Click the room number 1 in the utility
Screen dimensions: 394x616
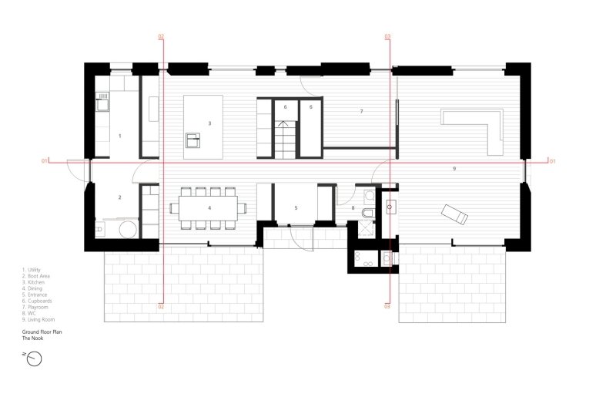point(120,136)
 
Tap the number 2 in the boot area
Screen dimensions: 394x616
point(120,198)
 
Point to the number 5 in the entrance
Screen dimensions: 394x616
point(296,208)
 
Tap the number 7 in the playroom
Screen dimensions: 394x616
point(361,112)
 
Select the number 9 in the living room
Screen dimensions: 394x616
point(454,167)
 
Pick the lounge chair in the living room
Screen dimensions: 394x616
point(454,214)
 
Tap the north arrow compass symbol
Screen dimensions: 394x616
point(33,359)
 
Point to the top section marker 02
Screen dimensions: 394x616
point(161,37)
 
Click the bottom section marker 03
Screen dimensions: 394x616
point(387,306)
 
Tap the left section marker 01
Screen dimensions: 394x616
point(45,160)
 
